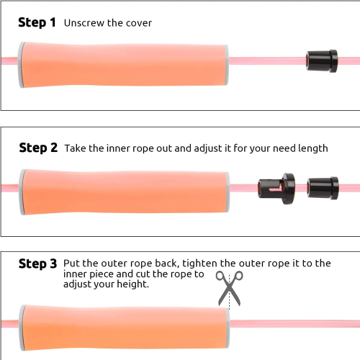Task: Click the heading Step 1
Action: pyautogui.click(x=37, y=23)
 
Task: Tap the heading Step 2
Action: pyautogui.click(x=38, y=148)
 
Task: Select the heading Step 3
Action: pyautogui.click(x=38, y=264)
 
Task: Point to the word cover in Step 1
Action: pyautogui.click(x=139, y=23)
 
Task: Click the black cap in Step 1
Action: pyautogui.click(x=322, y=61)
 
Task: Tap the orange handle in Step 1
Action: pyautogui.click(x=123, y=65)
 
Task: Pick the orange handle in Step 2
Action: pyautogui.click(x=124, y=192)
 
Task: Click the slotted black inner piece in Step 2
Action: pyautogui.click(x=276, y=189)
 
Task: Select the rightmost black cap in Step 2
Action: pyautogui.click(x=323, y=189)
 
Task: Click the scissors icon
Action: pyautogui.click(x=229, y=288)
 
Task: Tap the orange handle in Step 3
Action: pyautogui.click(x=125, y=328)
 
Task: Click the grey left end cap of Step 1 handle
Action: pyautogui.click(x=21, y=65)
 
